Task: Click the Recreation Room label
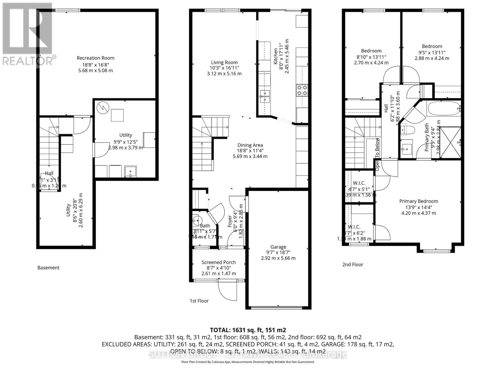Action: click(x=95, y=58)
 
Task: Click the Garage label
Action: click(x=278, y=247)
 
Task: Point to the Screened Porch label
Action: click(x=219, y=262)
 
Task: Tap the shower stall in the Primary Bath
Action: click(x=450, y=142)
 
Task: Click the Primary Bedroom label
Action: click(x=418, y=201)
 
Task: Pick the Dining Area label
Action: click(x=250, y=145)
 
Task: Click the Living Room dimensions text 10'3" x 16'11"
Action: click(x=225, y=68)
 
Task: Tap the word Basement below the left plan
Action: click(x=48, y=268)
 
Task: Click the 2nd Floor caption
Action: click(x=352, y=264)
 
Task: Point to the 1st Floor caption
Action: click(x=199, y=301)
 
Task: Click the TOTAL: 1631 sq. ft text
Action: click(x=248, y=330)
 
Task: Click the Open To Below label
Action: click(x=377, y=154)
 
